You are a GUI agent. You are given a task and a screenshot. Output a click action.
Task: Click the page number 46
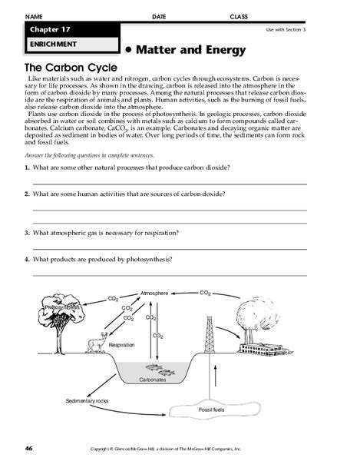coord(28,448)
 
